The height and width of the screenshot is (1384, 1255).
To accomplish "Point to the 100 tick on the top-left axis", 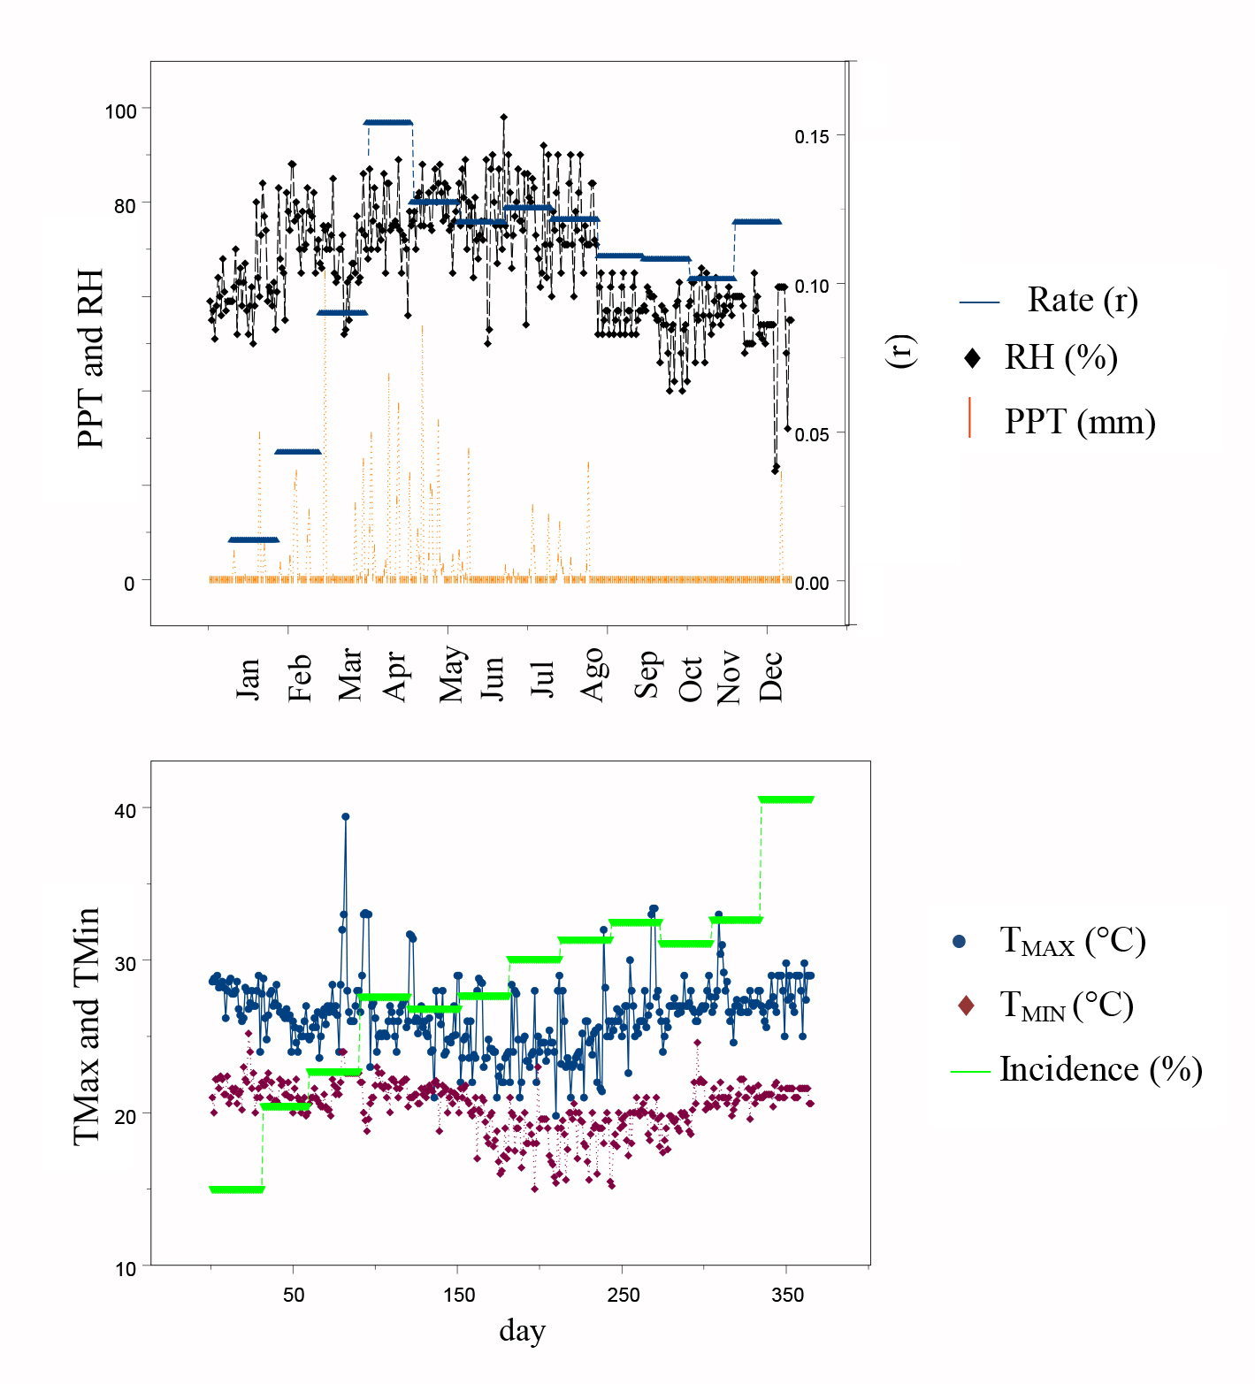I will click(120, 111).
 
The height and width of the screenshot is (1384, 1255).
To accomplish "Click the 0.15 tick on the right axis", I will click(811, 136).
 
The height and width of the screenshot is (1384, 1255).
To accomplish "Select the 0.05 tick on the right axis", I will click(811, 434).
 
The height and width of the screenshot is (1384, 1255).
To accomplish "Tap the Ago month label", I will click(593, 674).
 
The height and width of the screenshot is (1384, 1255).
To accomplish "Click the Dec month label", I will click(770, 677).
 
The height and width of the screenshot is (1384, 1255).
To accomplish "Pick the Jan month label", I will click(248, 678).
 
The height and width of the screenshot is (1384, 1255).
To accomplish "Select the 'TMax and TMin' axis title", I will click(87, 1026).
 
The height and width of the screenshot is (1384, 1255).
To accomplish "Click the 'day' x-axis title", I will click(522, 1330).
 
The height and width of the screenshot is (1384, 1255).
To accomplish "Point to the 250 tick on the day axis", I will click(623, 1296).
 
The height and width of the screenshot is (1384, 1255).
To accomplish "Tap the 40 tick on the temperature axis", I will click(126, 810).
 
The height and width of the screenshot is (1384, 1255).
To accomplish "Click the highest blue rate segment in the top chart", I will click(388, 123).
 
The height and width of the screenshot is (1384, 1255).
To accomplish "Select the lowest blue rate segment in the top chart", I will click(253, 539).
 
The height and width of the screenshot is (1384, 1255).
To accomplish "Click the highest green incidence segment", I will click(785, 800).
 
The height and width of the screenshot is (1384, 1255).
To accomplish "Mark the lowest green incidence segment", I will click(236, 1189).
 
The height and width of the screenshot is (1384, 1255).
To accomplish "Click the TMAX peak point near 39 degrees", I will click(345, 817).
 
